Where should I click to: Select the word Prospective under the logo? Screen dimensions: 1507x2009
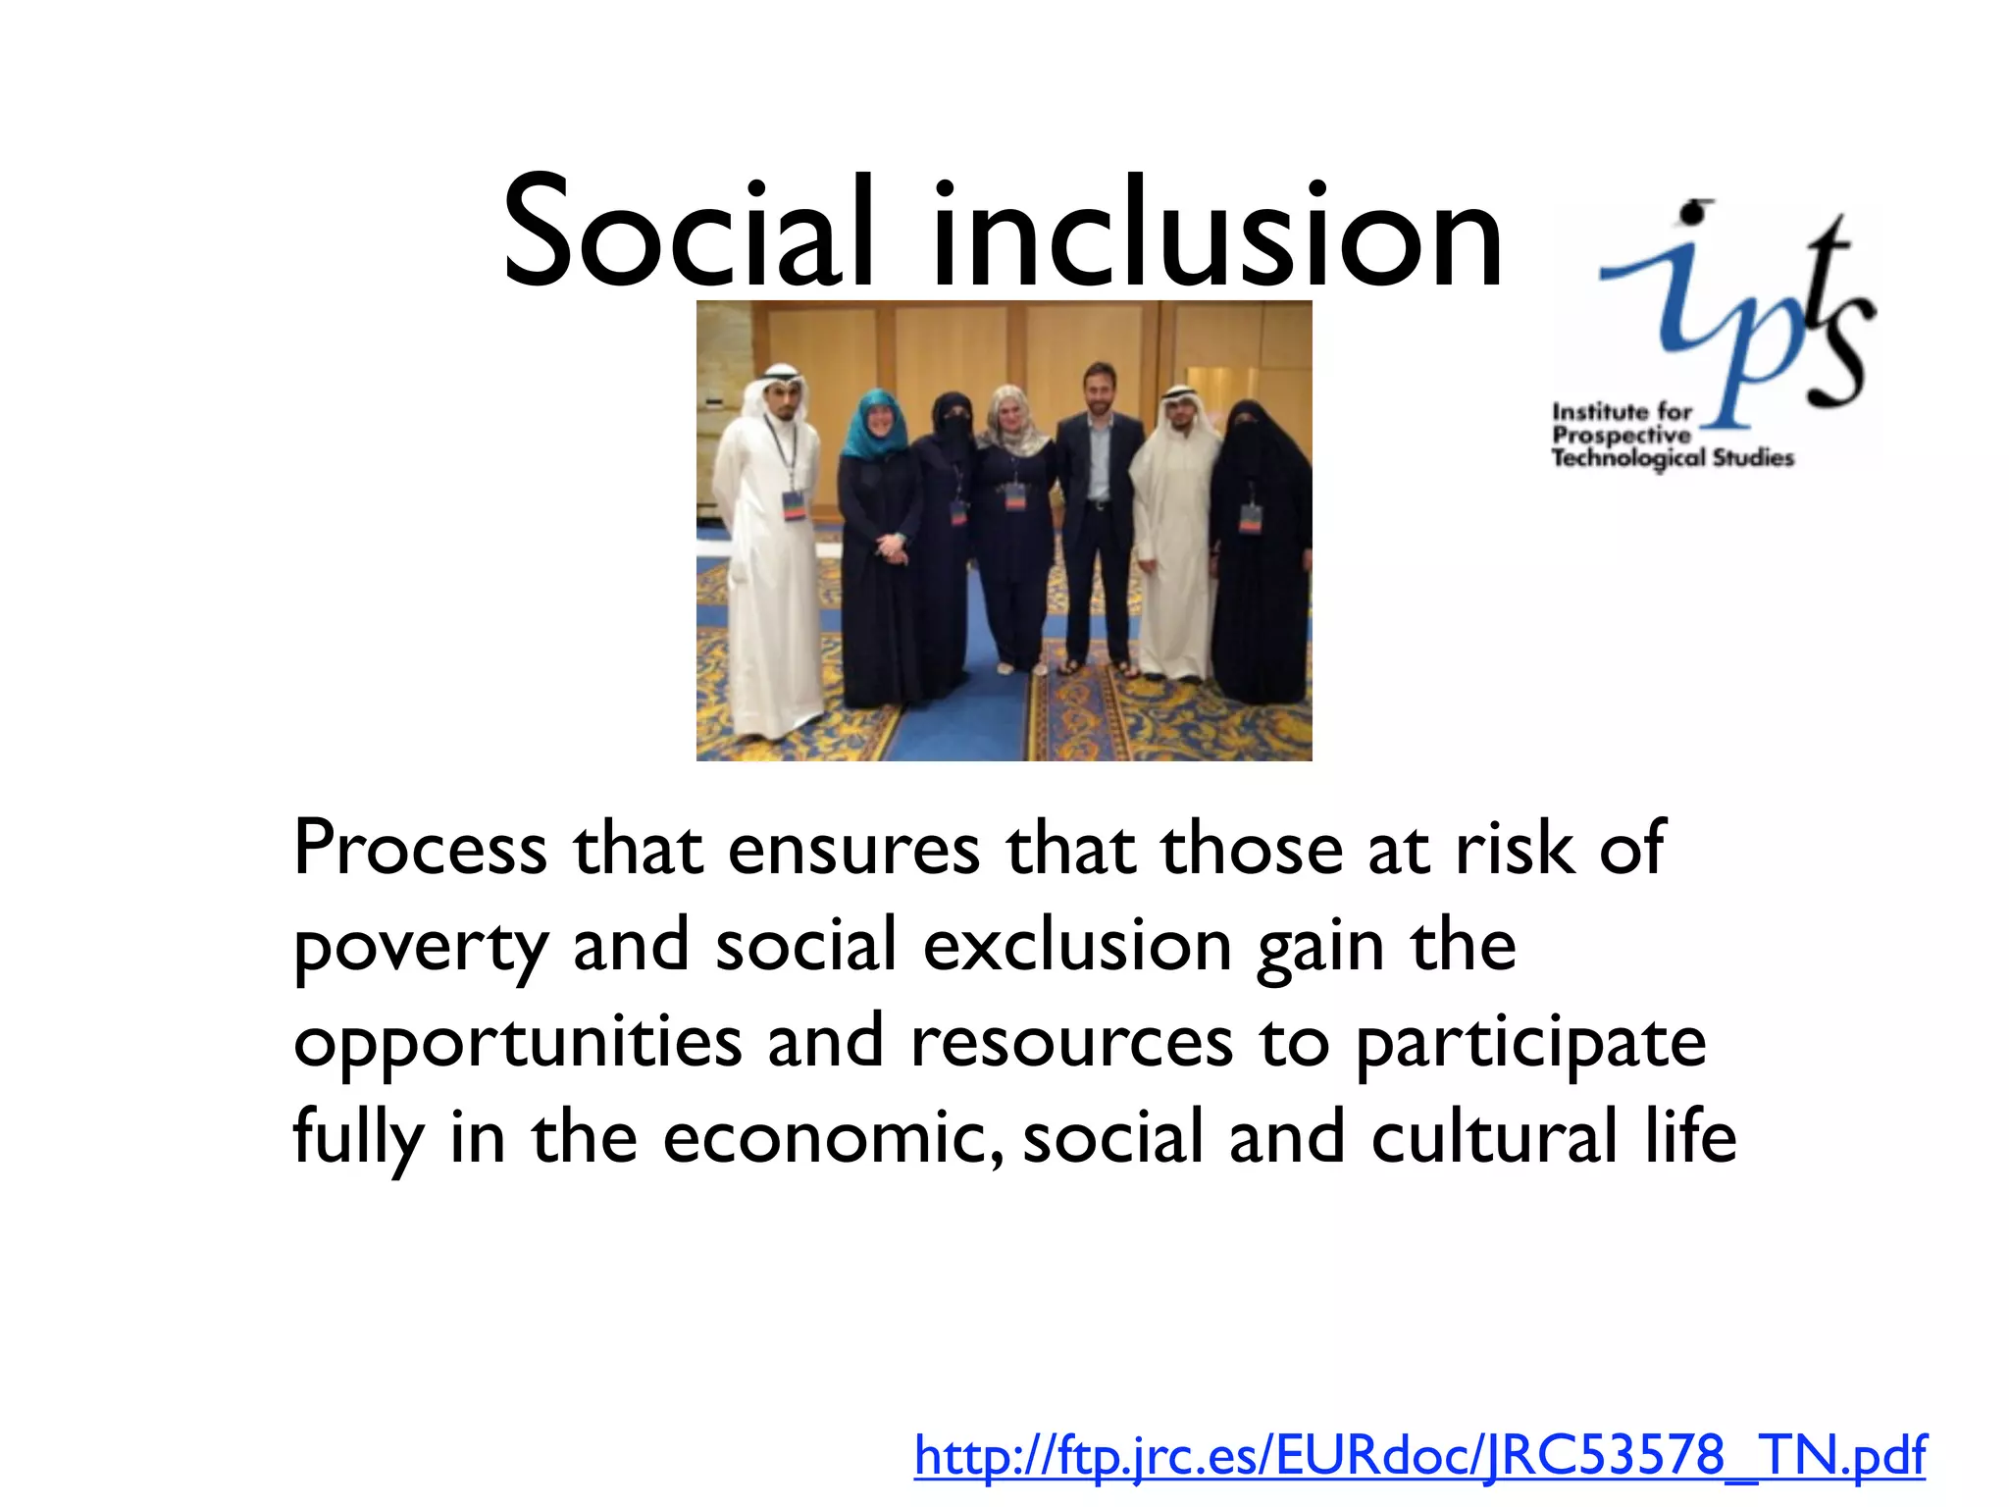pyautogui.click(x=1621, y=435)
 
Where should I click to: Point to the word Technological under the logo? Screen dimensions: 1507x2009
pyautogui.click(x=1628, y=458)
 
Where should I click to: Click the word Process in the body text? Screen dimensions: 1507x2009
pyautogui.click(x=420, y=848)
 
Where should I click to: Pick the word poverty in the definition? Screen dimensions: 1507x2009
pyautogui.click(x=420, y=946)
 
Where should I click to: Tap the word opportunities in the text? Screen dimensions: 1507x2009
pyautogui.click(x=517, y=1042)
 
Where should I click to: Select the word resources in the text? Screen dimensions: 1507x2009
pyautogui.click(x=1070, y=1042)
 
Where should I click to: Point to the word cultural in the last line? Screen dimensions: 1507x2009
pyautogui.click(x=1493, y=1138)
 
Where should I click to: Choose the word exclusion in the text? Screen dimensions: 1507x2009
pyautogui.click(x=1076, y=946)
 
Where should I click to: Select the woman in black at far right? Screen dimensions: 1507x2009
pyautogui.click(x=1259, y=549)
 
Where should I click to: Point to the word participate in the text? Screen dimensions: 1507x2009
pyautogui.click(x=1530, y=1044)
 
